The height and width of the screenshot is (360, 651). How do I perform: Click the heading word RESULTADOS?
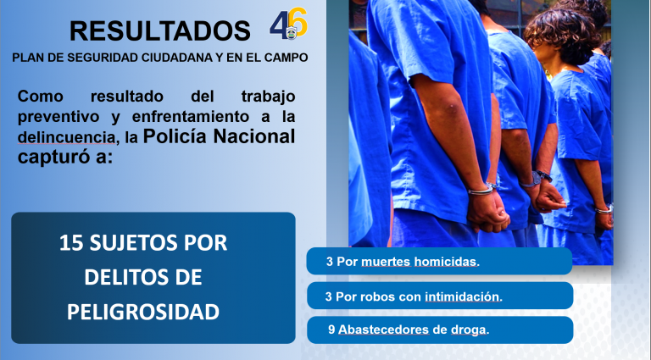pyautogui.click(x=160, y=30)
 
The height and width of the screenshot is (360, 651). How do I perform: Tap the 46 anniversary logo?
pyautogui.click(x=288, y=24)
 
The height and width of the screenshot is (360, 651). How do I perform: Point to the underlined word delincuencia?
pyautogui.click(x=66, y=138)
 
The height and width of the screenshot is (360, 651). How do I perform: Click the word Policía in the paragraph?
pyautogui.click(x=175, y=136)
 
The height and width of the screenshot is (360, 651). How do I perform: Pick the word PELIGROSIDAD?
pyautogui.click(x=143, y=312)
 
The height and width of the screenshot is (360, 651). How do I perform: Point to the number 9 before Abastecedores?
pyautogui.click(x=331, y=330)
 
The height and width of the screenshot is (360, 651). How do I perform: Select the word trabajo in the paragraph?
pyautogui.click(x=268, y=97)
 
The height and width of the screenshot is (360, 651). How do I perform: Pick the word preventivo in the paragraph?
pyautogui.click(x=58, y=118)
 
